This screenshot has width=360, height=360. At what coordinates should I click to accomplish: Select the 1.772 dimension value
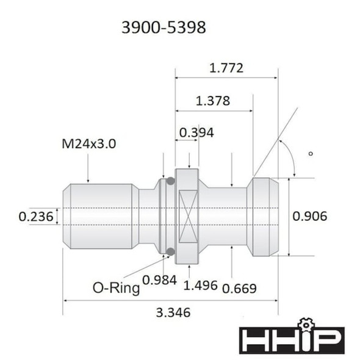(x=226, y=68)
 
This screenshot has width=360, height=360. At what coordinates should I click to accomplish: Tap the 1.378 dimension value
(x=213, y=101)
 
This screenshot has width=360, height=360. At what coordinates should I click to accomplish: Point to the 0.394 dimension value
(x=196, y=132)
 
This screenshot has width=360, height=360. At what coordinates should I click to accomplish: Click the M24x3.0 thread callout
(x=89, y=145)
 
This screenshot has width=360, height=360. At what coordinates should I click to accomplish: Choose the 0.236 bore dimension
(x=35, y=216)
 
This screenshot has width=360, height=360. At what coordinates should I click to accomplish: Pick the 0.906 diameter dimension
(x=310, y=215)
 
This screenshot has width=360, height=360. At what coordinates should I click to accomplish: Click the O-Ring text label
(x=116, y=287)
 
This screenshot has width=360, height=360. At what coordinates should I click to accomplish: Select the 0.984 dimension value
(x=159, y=279)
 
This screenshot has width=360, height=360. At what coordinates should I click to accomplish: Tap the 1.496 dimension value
(x=201, y=286)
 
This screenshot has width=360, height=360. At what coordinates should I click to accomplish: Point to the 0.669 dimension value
(x=239, y=288)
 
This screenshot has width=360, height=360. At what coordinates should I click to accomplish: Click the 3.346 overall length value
(x=173, y=312)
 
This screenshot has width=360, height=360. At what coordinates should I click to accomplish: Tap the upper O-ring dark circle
(x=170, y=181)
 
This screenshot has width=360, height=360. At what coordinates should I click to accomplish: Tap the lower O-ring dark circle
(x=170, y=251)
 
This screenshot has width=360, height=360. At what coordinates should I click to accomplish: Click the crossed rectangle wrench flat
(x=187, y=216)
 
